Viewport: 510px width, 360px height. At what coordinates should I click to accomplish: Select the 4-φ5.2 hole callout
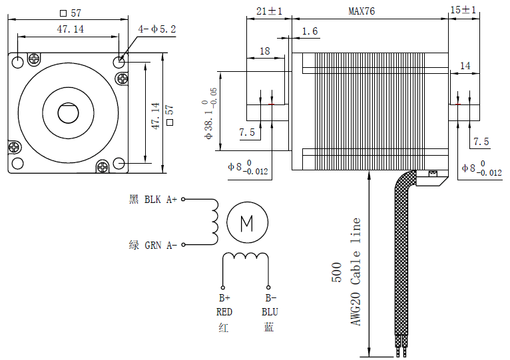[156, 29]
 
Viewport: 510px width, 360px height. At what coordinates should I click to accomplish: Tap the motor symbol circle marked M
[247, 222]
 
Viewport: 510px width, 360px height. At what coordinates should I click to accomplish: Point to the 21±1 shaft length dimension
[269, 11]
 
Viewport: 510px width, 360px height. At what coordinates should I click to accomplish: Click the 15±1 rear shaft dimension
[463, 11]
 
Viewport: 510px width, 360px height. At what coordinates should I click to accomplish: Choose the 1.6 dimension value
[310, 31]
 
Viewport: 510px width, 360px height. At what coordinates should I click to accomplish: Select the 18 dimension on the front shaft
[264, 51]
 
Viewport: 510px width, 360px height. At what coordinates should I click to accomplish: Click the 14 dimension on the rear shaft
[465, 66]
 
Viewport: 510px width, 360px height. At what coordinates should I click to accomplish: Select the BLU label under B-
[269, 311]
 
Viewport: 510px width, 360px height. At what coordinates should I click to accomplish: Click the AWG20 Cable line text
[356, 271]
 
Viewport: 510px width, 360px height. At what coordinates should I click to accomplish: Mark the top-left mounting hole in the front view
[17, 62]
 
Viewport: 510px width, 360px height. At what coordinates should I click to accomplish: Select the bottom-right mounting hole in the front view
[119, 164]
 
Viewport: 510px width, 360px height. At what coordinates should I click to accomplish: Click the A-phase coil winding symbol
[214, 222]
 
